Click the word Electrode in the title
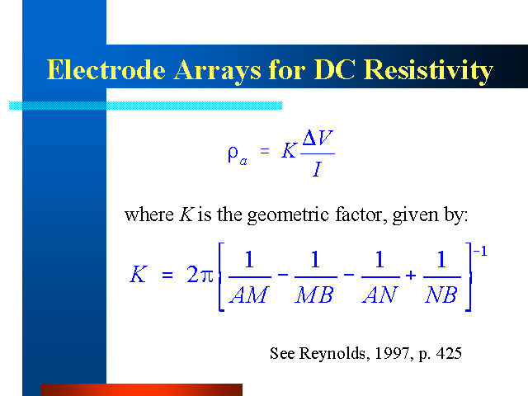click(106, 69)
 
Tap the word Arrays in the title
click(218, 72)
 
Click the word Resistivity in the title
click(428, 71)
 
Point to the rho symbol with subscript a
click(238, 155)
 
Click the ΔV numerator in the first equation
click(318, 138)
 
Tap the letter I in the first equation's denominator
click(317, 168)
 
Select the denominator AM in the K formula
click(249, 295)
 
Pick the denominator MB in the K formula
click(315, 295)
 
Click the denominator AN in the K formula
click(379, 295)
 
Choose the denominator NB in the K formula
click(441, 295)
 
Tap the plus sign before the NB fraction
click(411, 276)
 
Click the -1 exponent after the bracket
click(480, 251)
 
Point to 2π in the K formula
click(200, 275)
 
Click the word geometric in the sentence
click(288, 215)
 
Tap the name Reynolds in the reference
click(332, 354)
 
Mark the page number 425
click(449, 353)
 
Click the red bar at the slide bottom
click(141, 389)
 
